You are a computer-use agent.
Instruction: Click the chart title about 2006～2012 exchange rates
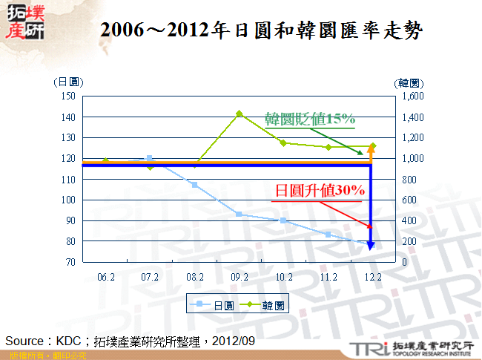pyautogui.click(x=263, y=30)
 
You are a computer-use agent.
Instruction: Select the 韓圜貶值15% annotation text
pyautogui.click(x=311, y=118)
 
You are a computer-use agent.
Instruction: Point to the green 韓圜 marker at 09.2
pyautogui.click(x=240, y=114)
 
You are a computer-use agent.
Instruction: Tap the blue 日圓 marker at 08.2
pyautogui.click(x=195, y=184)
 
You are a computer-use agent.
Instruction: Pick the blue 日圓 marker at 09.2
pyautogui.click(x=240, y=214)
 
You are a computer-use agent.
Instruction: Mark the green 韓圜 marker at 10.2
pyautogui.click(x=284, y=143)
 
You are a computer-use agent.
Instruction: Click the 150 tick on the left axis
pyautogui.click(x=68, y=96)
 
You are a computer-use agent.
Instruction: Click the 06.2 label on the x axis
pyautogui.click(x=106, y=276)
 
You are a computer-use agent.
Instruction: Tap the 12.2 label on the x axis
pyautogui.click(x=373, y=276)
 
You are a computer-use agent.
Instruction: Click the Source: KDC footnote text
pyautogui.click(x=131, y=341)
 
